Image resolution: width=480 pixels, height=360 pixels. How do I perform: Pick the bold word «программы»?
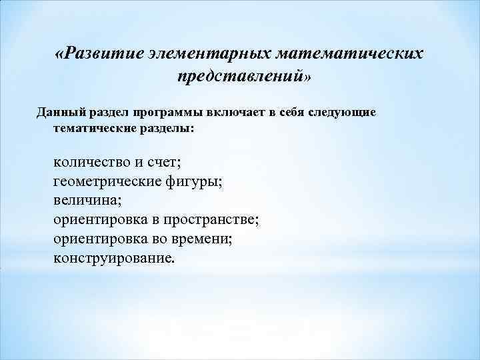coord(166,112)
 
